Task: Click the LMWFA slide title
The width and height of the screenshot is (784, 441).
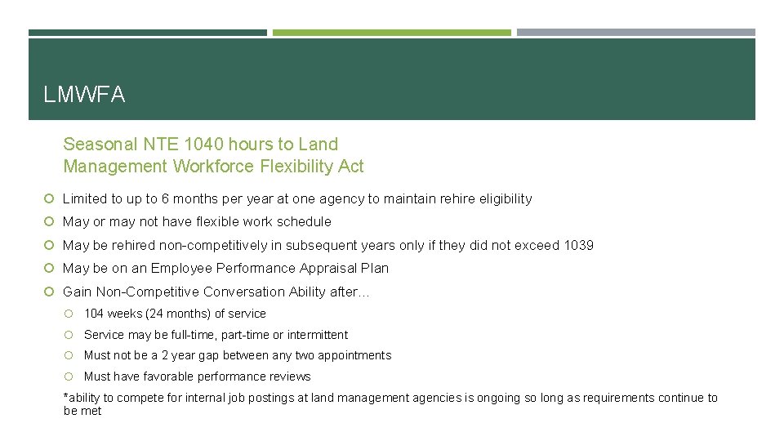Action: [x=84, y=96]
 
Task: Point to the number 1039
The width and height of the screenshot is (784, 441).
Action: [x=579, y=245]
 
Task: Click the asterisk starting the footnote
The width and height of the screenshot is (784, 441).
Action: [x=66, y=397]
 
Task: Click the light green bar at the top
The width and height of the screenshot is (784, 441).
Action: [x=392, y=33]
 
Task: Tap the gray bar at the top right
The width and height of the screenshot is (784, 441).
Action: [x=636, y=33]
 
